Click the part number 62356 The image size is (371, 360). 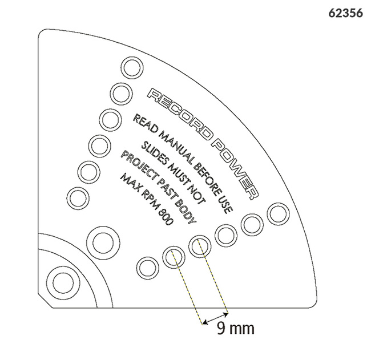(x=345, y=13)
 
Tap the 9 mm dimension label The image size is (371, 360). (x=236, y=328)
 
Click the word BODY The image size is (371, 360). (x=186, y=211)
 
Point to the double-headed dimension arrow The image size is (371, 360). (x=216, y=318)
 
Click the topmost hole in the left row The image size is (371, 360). (x=132, y=68)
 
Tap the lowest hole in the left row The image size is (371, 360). (x=78, y=198)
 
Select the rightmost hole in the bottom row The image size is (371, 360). (x=279, y=213)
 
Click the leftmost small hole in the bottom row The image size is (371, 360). (x=148, y=268)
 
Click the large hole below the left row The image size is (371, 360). (x=103, y=242)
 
